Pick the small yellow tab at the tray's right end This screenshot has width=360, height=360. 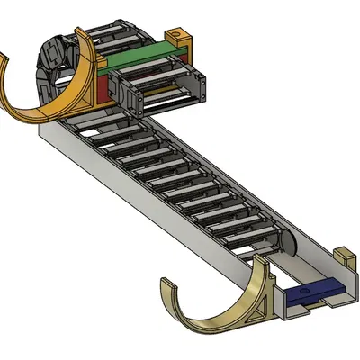coord(343,256)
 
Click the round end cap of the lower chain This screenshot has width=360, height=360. coord(287,242)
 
